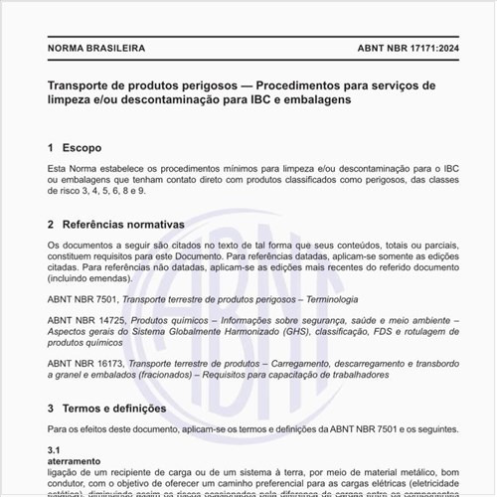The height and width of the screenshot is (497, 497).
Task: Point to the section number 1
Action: tap(51, 147)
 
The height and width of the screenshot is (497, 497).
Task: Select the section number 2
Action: tap(51, 225)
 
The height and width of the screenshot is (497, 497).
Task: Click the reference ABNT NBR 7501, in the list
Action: tap(83, 298)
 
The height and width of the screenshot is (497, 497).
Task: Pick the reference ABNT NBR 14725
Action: tap(85, 321)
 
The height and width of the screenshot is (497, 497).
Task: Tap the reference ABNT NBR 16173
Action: tap(85, 365)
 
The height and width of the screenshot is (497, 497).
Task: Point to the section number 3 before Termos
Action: tap(51, 408)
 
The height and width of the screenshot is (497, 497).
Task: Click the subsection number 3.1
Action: tap(55, 450)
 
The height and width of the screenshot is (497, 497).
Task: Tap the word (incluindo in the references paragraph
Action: tap(70, 279)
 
